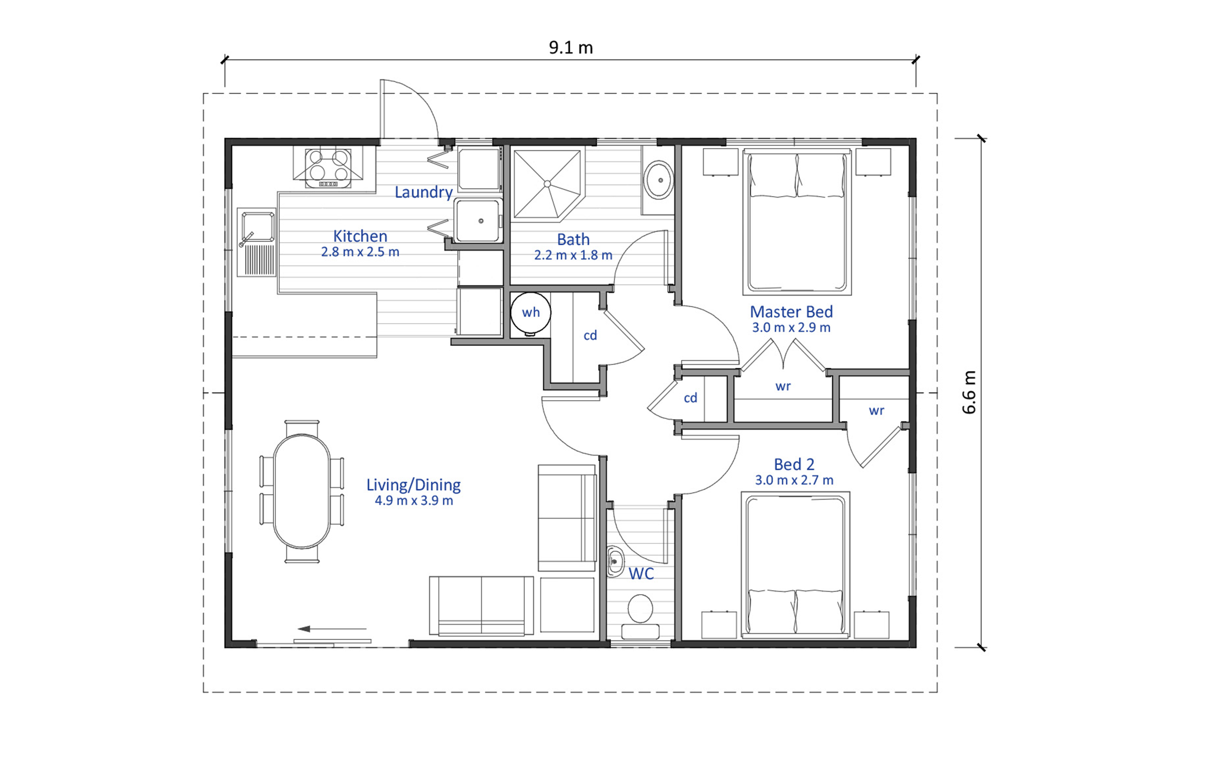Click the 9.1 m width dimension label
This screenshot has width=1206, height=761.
(570, 48)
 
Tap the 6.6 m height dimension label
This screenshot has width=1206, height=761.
(968, 392)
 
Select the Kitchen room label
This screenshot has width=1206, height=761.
(360, 236)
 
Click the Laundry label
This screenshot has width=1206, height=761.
(423, 192)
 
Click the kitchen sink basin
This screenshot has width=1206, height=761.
(258, 226)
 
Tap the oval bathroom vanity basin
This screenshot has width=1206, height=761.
(659, 180)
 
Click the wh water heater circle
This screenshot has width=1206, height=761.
(530, 312)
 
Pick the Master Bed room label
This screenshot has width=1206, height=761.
(791, 312)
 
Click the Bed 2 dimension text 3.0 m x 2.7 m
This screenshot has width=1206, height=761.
(793, 480)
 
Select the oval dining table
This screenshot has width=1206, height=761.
(301, 491)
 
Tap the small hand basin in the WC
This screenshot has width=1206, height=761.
(615, 561)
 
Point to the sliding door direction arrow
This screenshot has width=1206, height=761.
(332, 628)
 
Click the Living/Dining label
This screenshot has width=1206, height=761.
(413, 485)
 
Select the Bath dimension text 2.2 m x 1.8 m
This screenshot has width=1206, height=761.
(573, 255)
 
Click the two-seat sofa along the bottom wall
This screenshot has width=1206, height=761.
(481, 606)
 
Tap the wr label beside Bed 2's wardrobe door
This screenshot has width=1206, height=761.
(876, 411)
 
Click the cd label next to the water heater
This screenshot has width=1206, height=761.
(590, 335)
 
